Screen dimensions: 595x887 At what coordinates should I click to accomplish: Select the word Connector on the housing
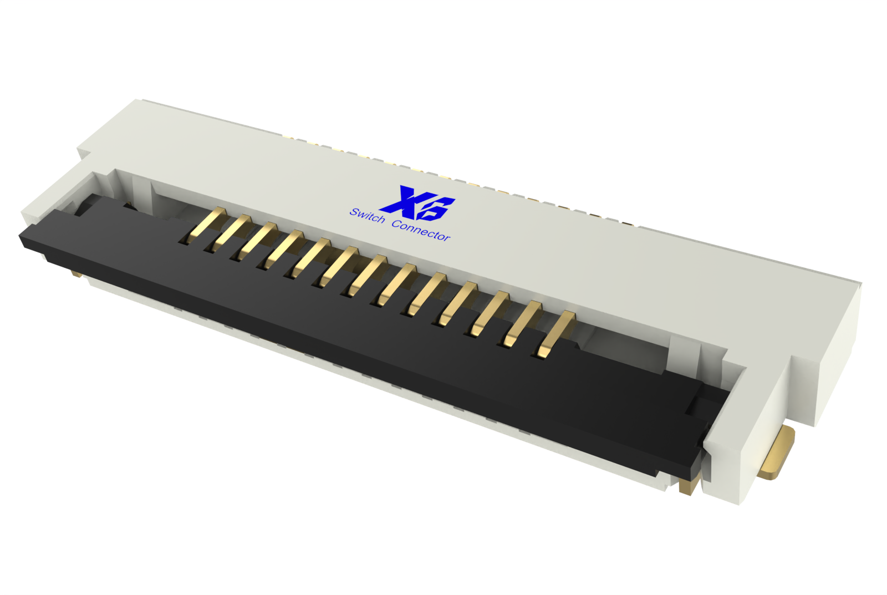[x=421, y=231]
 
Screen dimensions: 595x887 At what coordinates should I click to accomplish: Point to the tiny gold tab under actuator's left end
[x=77, y=274]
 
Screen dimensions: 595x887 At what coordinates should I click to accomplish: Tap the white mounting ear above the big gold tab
[x=804, y=388]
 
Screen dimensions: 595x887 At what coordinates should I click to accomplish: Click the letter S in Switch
[x=354, y=212]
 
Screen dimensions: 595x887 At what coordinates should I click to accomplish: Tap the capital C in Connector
[x=396, y=224]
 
